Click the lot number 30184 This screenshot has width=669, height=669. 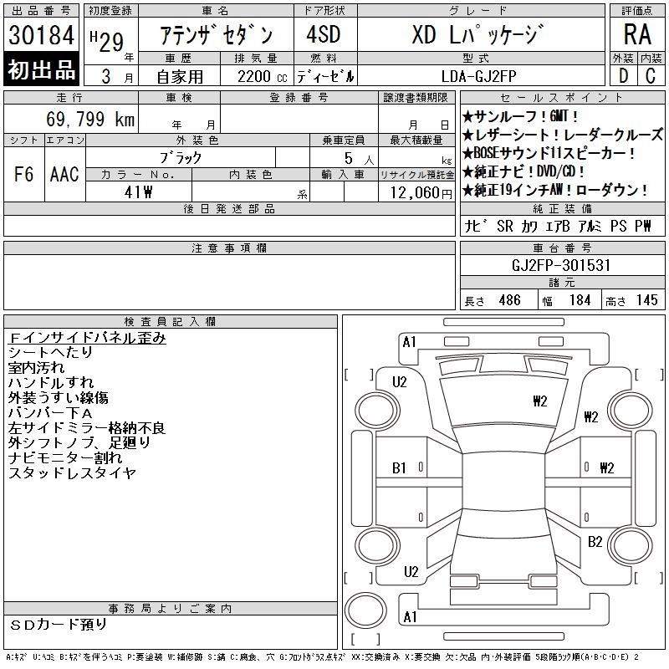41,35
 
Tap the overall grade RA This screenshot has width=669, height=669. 637,34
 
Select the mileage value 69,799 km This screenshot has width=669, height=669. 90,119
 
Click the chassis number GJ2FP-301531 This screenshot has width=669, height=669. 561,265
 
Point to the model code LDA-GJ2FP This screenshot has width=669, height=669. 478,76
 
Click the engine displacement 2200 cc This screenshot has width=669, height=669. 262,77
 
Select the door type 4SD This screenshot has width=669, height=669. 324,34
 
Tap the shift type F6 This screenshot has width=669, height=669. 24,174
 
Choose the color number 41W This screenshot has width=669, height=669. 138,192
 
